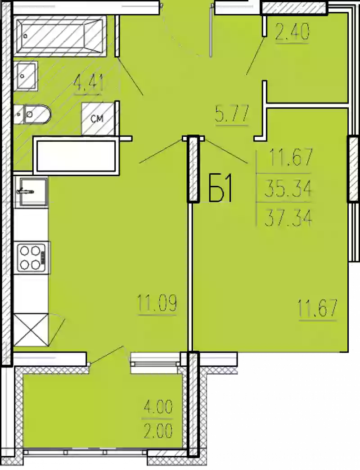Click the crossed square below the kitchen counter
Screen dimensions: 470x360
[31, 330]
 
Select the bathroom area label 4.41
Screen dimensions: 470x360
[89, 84]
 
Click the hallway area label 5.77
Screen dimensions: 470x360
[232, 113]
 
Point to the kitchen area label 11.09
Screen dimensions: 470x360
[157, 304]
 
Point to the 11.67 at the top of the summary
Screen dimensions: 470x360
[290, 158]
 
